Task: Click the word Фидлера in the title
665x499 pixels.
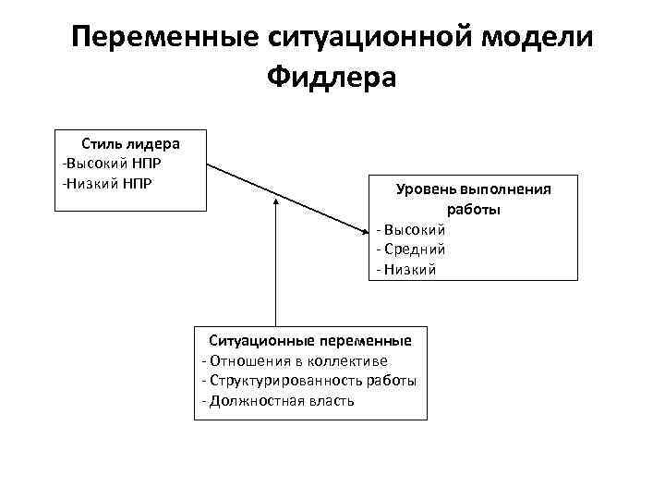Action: click(x=332, y=77)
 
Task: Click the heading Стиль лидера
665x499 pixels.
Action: click(x=130, y=144)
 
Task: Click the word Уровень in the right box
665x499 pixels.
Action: click(x=426, y=189)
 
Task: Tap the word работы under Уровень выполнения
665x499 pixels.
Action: click(x=474, y=210)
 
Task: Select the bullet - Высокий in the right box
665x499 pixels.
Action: click(x=411, y=229)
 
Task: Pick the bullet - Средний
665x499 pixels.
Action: click(x=411, y=249)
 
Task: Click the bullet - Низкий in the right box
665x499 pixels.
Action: click(x=406, y=269)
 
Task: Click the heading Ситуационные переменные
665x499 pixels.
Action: click(x=310, y=340)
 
